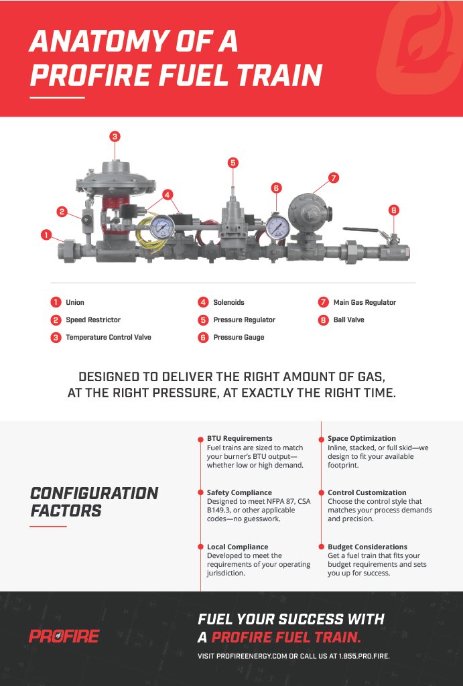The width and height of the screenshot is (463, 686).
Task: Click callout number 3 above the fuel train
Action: click(x=115, y=137)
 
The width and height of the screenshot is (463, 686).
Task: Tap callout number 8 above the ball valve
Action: click(x=393, y=210)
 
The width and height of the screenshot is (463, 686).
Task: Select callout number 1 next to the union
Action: click(x=46, y=234)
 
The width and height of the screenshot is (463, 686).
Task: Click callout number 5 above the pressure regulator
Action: click(x=233, y=163)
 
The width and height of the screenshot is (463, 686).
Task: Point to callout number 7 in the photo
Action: click(x=334, y=178)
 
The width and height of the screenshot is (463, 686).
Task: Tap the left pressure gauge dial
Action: click(x=161, y=228)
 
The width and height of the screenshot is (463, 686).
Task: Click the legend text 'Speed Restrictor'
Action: click(x=93, y=320)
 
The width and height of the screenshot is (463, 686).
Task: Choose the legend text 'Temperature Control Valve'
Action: click(x=109, y=338)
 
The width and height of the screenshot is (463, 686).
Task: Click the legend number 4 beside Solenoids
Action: click(x=203, y=303)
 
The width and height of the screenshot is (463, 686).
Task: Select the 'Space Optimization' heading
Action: click(x=361, y=439)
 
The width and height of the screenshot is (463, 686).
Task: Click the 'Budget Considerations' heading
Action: click(x=367, y=547)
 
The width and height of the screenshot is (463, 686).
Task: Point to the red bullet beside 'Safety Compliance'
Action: click(x=200, y=493)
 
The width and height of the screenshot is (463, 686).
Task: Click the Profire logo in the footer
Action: click(x=64, y=636)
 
